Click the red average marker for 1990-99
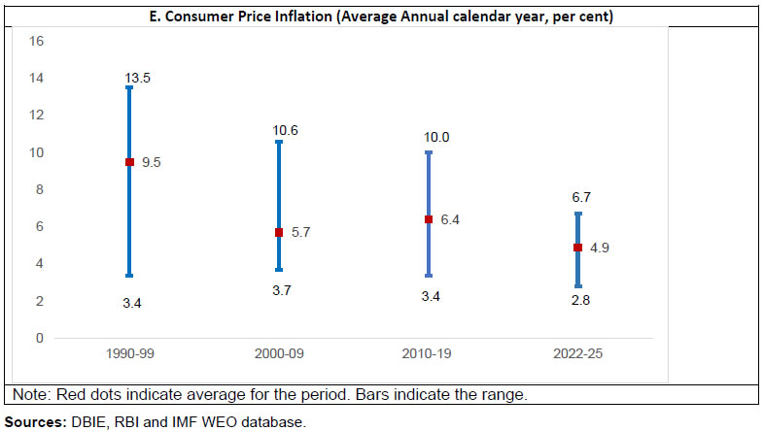point(129,162)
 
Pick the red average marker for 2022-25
point(578,248)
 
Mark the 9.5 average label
point(151,163)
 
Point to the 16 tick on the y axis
point(37,41)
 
